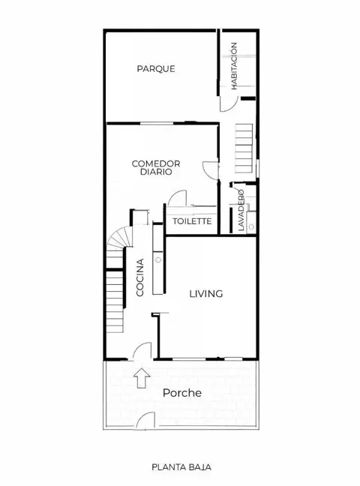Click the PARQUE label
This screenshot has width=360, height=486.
pos(156,68)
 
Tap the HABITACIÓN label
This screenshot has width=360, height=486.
pos(234,66)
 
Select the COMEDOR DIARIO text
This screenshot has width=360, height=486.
pos(156,168)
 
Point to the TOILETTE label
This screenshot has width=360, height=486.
pos(192,221)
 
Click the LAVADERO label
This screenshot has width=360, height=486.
pos(241,210)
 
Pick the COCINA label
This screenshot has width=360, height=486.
pos(140,277)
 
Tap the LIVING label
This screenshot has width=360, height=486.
pos(206,293)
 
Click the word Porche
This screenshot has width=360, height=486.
pos(182,393)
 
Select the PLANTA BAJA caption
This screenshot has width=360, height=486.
pos(181,467)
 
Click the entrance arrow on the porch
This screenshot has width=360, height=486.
pos(142,378)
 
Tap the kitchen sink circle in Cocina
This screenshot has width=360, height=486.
pos(158,259)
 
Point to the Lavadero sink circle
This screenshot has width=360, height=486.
pos(251,227)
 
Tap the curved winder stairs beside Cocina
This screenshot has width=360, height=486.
pos(119,237)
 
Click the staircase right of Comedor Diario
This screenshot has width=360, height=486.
pos(244,148)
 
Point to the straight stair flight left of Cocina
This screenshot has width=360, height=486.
pos(115,301)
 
